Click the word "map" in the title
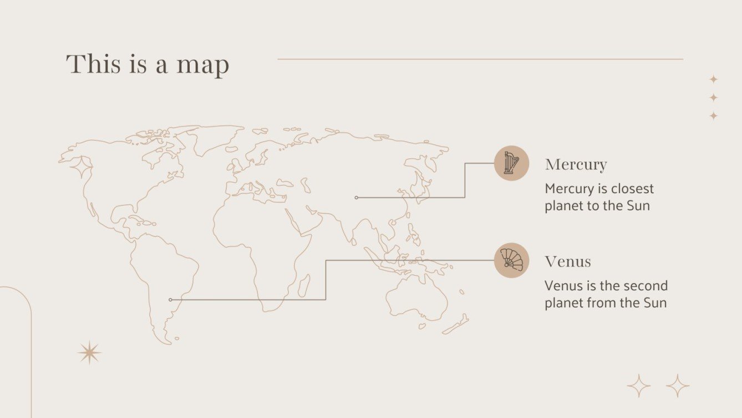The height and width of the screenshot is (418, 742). pos(202,66)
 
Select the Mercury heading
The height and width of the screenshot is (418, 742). pos(576,164)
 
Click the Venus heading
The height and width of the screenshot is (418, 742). pos(567,261)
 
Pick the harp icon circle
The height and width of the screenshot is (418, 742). pos(511,163)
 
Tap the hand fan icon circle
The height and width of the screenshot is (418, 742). pos(511,260)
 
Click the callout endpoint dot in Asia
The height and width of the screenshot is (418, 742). pos(356,198)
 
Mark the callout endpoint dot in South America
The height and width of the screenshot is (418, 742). pos(170,300)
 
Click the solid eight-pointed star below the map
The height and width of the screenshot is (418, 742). pos(89,352)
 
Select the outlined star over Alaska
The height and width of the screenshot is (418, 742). pos(81,167)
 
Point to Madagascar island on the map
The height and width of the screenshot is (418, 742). pos(304,285)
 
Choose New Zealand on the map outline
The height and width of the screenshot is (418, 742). pos(456,325)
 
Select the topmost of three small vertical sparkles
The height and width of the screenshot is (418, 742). pos(714,79)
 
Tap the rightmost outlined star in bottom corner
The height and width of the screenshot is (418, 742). pos(678,385)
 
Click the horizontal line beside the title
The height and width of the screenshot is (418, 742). pos(480,59)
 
